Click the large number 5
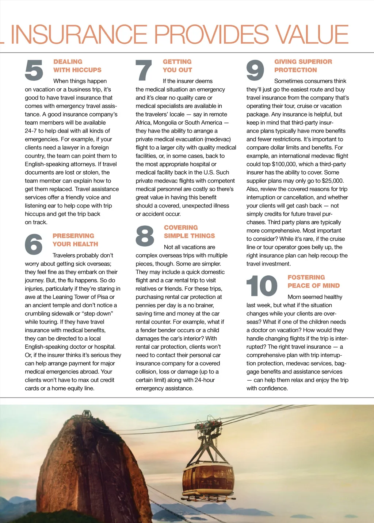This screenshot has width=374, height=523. [34, 70]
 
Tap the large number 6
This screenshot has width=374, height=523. [34, 244]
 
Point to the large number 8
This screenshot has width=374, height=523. [145, 236]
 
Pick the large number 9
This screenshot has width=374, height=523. [255, 70]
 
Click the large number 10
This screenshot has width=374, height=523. [262, 286]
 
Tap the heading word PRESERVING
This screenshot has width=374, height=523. [73, 236]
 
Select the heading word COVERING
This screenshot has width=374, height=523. [181, 228]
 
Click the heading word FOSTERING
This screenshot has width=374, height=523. [306, 278]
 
